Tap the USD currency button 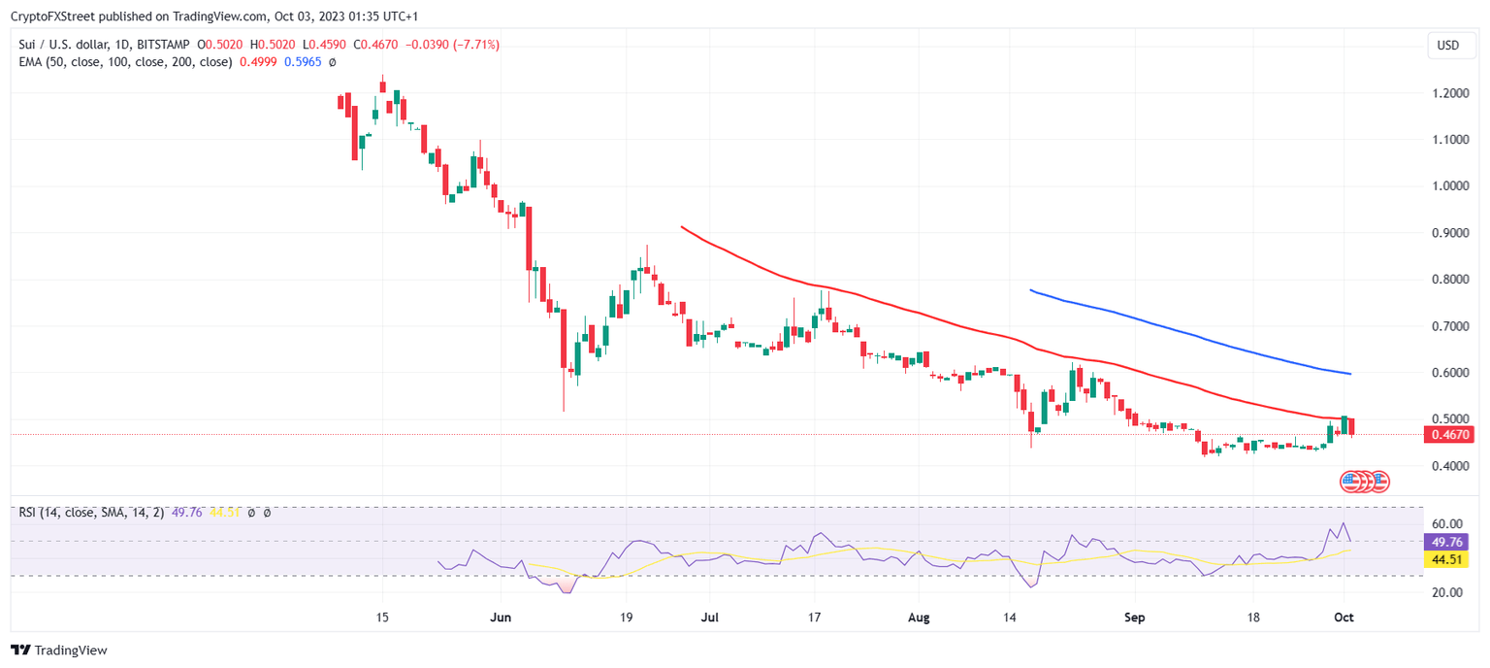[x=1447, y=46]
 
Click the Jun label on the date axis [x=501, y=617]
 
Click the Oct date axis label [x=1344, y=617]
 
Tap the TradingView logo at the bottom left [x=59, y=651]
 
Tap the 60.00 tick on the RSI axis [x=1446, y=524]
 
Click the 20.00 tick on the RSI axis [x=1446, y=592]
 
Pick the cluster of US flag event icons [x=1364, y=481]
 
